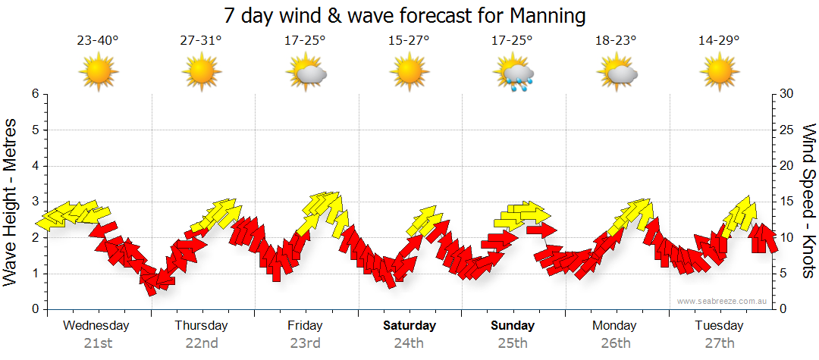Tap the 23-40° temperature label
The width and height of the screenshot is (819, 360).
tap(98, 41)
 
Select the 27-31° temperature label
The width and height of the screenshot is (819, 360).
tap(201, 41)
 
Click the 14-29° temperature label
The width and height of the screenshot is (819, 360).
tap(719, 41)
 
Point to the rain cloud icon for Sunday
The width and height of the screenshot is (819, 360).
tap(514, 74)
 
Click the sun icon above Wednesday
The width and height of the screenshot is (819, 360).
tap(99, 73)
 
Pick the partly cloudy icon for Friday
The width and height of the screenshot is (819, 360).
tap(306, 74)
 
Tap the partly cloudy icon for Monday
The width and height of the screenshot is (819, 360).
tap(617, 74)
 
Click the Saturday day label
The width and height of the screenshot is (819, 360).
tap(409, 326)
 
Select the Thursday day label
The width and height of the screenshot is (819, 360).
tap(201, 326)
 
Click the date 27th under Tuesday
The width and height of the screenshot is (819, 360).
tap(719, 343)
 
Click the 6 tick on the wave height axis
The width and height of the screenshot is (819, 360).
tap(34, 94)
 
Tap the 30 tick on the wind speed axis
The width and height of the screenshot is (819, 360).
tap(787, 94)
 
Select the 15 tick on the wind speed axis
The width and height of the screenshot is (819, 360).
tap(787, 202)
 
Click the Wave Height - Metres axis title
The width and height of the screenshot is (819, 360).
tap(11, 202)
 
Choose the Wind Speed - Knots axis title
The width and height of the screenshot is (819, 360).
tap(809, 202)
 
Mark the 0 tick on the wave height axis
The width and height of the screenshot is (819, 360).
tap(34, 309)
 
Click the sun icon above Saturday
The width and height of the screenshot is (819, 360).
tap(409, 73)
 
